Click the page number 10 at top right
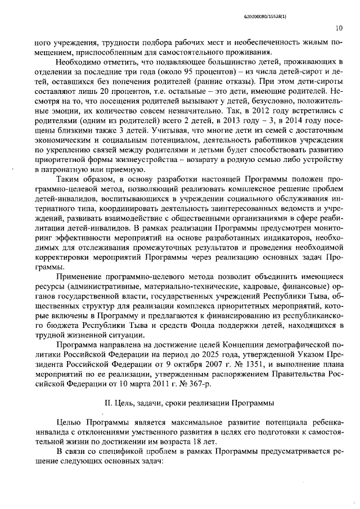(338, 28)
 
